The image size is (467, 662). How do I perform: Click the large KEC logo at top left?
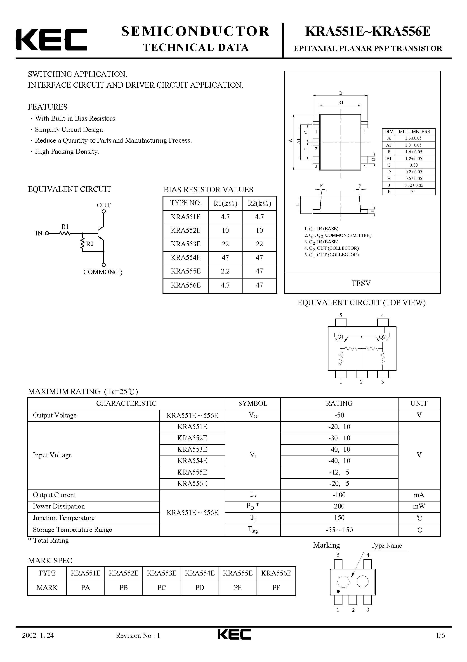pos(51,40)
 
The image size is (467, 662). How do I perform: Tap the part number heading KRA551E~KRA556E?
pos(368,32)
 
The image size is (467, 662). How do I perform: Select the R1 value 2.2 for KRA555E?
pos(225,271)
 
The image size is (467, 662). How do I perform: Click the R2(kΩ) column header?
pos(259,204)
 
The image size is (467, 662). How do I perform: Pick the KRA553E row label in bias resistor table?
pos(185,244)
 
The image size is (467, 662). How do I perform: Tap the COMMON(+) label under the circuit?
pos(103,272)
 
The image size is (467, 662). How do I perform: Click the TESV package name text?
pos(361,283)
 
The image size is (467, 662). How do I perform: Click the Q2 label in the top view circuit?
pos(382,337)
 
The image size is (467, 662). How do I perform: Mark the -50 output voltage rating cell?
pos(339,415)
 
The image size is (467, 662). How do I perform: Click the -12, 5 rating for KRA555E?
pos(339,472)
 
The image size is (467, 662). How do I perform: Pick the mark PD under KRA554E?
pos(200,588)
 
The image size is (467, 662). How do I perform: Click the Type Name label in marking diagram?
pos(386,545)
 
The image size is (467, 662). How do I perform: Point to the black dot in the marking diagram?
pos(338,591)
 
